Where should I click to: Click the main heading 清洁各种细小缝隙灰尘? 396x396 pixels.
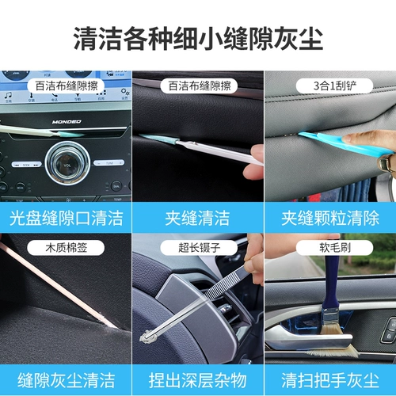(x=198, y=39)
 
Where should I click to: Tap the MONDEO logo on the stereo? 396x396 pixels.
(x=67, y=122)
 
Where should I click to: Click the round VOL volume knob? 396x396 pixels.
(x=67, y=163)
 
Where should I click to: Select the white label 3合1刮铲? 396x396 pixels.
(x=334, y=86)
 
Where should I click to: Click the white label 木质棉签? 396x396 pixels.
(x=66, y=248)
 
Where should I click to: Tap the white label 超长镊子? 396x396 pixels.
(x=199, y=248)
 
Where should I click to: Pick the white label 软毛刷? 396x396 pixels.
(x=334, y=248)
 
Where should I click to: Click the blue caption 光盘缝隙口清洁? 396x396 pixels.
(x=66, y=218)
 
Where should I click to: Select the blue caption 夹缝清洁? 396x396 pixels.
(x=197, y=218)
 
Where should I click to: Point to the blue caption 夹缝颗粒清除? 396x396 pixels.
(x=330, y=218)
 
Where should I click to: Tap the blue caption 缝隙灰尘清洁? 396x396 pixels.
(x=66, y=380)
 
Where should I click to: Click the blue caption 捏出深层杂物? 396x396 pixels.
(x=197, y=380)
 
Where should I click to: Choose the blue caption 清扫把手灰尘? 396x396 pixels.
(x=330, y=380)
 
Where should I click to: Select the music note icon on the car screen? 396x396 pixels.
(x=9, y=95)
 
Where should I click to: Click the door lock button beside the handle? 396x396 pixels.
(x=389, y=336)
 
